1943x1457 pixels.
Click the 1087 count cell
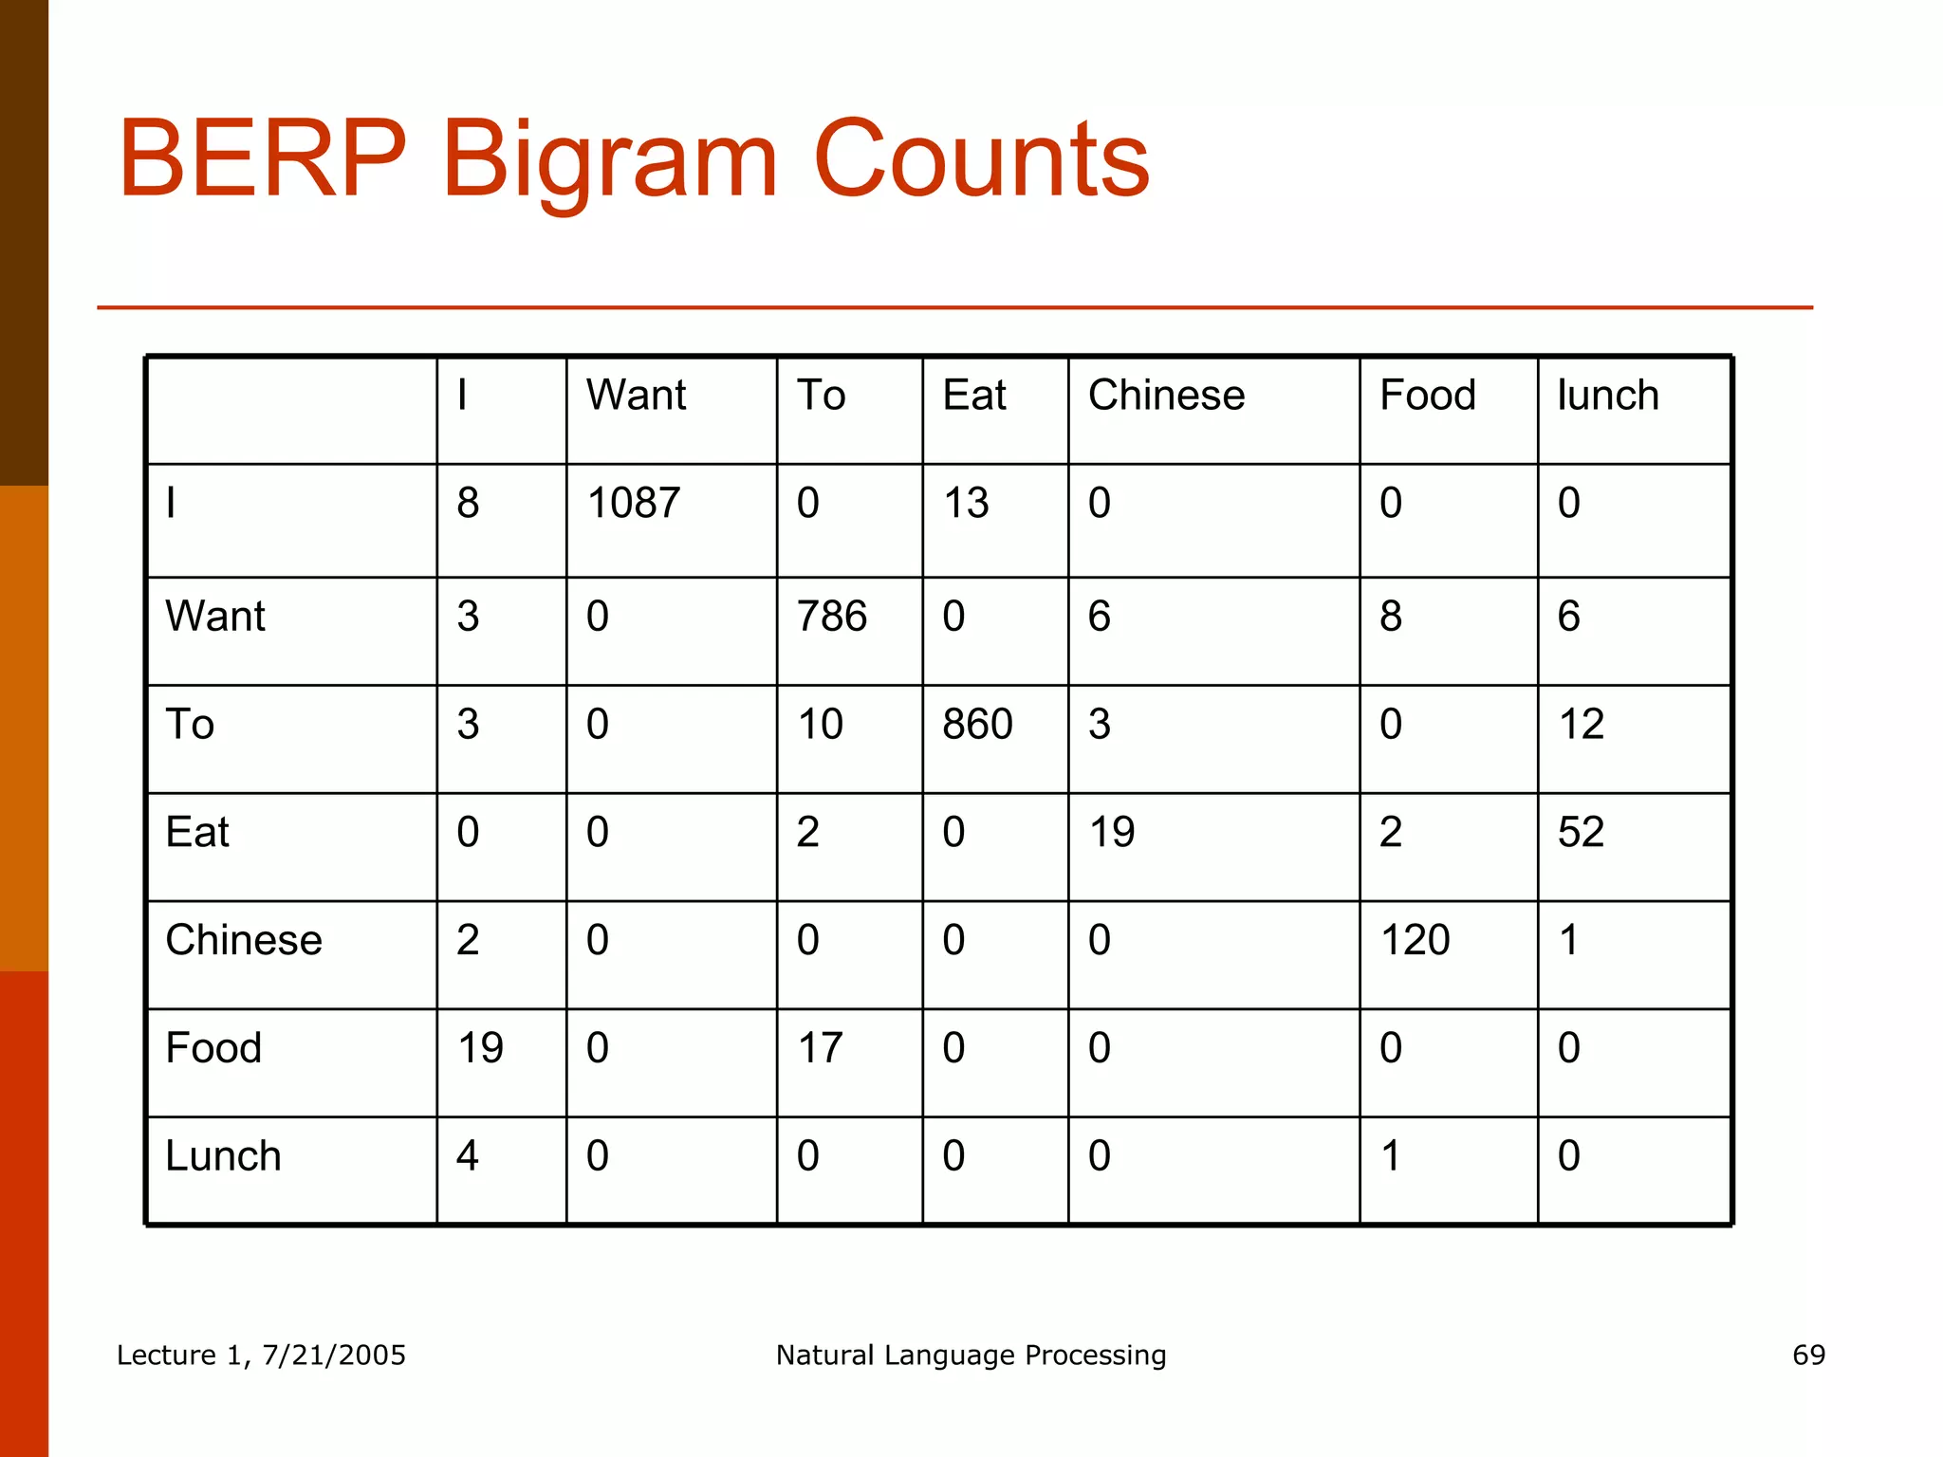pos(634,503)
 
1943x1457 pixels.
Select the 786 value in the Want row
pos(832,617)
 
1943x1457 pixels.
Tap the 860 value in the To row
pos(977,725)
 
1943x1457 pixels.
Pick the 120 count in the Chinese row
pos(1415,940)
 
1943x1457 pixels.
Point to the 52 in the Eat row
pos(1581,832)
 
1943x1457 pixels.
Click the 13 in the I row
pos(966,503)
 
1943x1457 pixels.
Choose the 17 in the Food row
pos(820,1048)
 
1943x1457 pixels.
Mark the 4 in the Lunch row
pos(467,1156)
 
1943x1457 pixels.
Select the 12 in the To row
pos(1581,725)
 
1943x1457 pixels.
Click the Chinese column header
pos(1166,395)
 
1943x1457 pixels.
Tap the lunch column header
pos(1608,395)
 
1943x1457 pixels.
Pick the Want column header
pos(636,395)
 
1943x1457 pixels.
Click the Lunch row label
pos(223,1156)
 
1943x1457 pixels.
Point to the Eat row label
pos(197,832)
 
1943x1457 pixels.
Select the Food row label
pos(213,1048)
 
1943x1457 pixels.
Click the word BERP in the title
pos(262,158)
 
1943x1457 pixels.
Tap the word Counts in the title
pos(981,158)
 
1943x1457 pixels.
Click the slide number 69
pos(1808,1355)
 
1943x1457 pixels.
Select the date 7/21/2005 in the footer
pos(334,1355)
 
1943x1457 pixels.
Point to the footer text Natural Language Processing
pos(971,1355)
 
